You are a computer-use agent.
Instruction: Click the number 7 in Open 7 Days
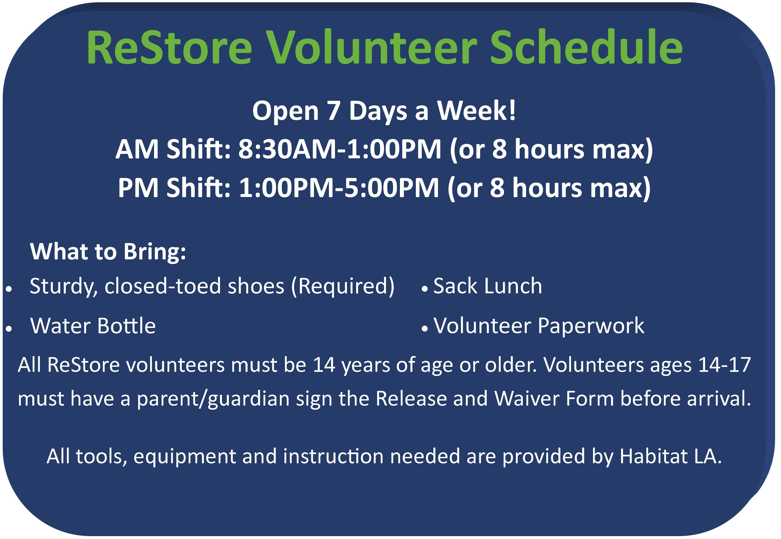333,111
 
